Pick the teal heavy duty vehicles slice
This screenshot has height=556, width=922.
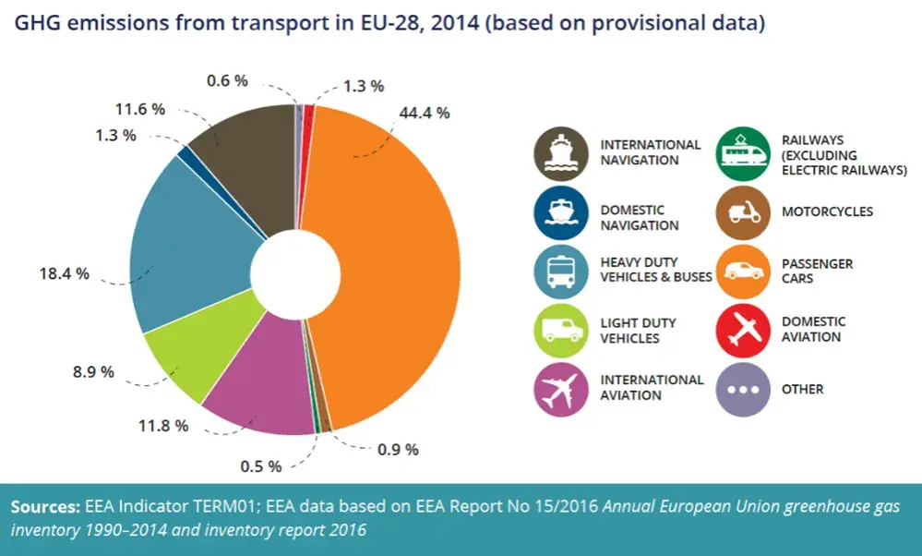tap(188, 248)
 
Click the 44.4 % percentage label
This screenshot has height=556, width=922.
tap(425, 113)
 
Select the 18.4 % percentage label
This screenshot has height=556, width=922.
tap(65, 273)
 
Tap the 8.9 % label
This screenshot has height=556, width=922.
tap(93, 371)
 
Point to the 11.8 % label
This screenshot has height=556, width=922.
tap(163, 425)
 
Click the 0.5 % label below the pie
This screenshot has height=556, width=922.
tap(261, 466)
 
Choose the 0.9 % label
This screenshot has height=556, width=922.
tap(398, 450)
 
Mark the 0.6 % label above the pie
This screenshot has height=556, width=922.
tap(228, 80)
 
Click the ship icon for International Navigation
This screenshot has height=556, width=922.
tap(561, 153)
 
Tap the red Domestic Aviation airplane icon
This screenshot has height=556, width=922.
tap(743, 330)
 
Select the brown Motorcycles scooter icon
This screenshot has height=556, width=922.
tap(743, 212)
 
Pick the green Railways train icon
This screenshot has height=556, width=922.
tap(743, 153)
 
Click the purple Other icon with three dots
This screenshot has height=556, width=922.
tap(743, 389)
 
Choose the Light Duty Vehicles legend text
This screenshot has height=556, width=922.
tap(638, 331)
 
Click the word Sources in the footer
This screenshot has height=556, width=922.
tap(45, 506)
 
